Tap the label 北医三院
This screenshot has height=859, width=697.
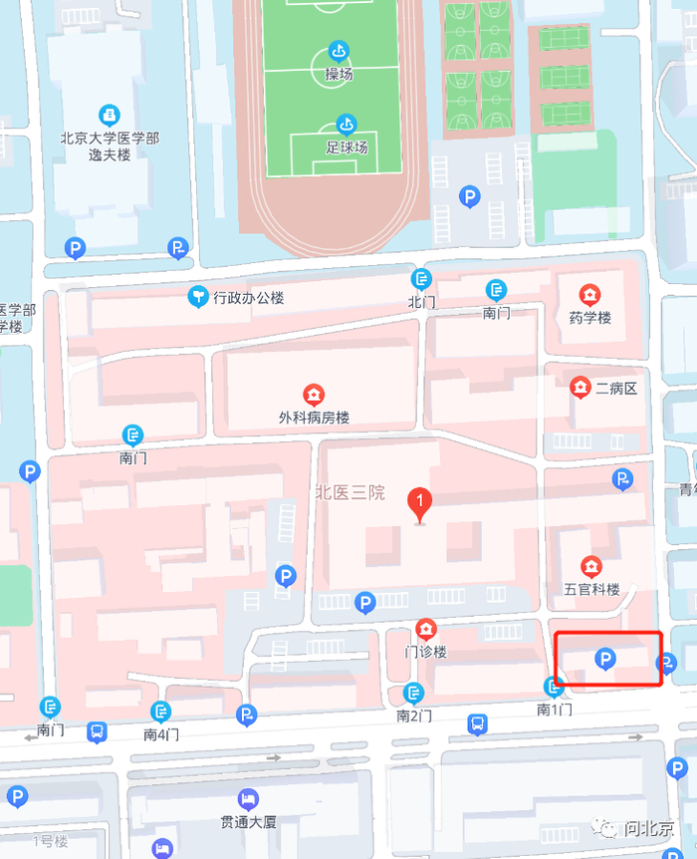pyautogui.click(x=348, y=491)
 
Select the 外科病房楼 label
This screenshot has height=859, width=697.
pyautogui.click(x=314, y=418)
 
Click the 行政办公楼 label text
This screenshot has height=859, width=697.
pyautogui.click(x=249, y=297)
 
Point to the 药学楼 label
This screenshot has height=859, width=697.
pyautogui.click(x=589, y=318)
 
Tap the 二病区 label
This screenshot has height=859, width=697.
pyautogui.click(x=615, y=389)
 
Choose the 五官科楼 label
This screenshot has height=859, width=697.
pyautogui.click(x=591, y=589)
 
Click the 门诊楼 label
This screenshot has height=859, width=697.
pyautogui.click(x=426, y=652)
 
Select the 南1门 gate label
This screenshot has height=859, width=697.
pyautogui.click(x=556, y=710)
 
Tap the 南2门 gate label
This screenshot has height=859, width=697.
pyautogui.click(x=414, y=716)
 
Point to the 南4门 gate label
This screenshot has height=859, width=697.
pyautogui.click(x=161, y=734)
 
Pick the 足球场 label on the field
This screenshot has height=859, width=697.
pyautogui.click(x=347, y=146)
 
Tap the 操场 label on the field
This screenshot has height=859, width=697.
pyautogui.click(x=339, y=75)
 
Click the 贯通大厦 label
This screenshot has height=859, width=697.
pyautogui.click(x=248, y=823)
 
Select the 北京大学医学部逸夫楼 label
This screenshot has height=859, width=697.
pyautogui.click(x=110, y=146)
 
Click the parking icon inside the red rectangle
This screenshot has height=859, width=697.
pyautogui.click(x=604, y=658)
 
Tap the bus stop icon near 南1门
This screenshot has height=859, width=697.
pyautogui.click(x=478, y=723)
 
